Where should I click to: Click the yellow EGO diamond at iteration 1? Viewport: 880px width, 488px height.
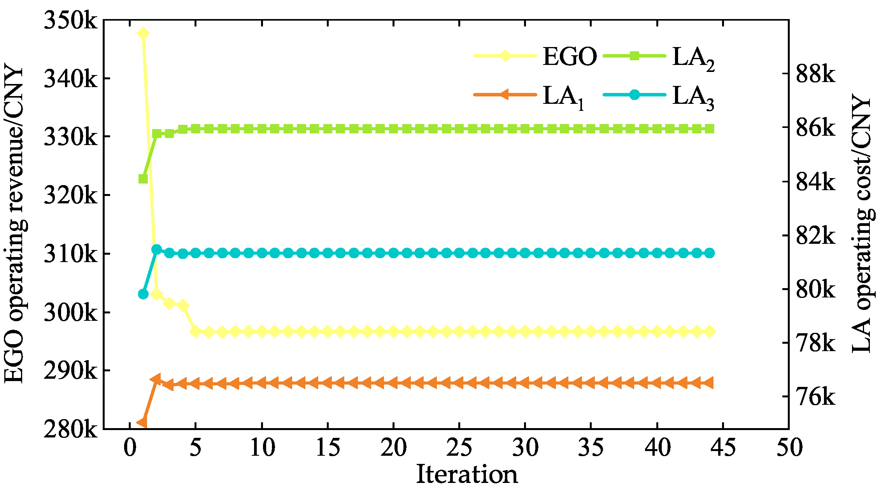[143, 33]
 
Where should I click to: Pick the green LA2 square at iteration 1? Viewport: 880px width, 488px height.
[143, 179]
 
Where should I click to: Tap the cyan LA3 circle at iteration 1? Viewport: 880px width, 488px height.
[143, 294]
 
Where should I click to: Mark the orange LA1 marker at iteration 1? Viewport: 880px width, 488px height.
[142, 422]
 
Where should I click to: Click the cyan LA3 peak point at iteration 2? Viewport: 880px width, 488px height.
[156, 249]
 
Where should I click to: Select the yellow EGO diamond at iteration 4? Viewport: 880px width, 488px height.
[183, 306]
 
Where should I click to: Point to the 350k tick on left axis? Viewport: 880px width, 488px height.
[70, 20]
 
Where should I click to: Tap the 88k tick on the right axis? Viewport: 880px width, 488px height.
[815, 74]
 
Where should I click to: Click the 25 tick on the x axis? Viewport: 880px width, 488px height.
[459, 447]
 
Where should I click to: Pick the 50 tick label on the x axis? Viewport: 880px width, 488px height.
[789, 447]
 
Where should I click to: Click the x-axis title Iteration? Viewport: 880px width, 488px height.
[467, 474]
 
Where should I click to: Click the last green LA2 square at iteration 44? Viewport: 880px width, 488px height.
[710, 129]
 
